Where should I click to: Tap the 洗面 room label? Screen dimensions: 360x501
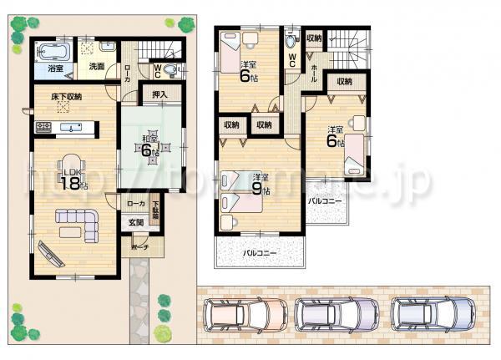[96, 66]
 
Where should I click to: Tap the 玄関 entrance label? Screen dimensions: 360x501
[135, 221]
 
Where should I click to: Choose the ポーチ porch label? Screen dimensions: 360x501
[138, 248]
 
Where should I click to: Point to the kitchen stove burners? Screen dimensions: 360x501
[44, 127]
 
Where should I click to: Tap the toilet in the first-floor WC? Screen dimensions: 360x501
[170, 69]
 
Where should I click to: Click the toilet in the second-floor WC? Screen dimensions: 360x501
[290, 40]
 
